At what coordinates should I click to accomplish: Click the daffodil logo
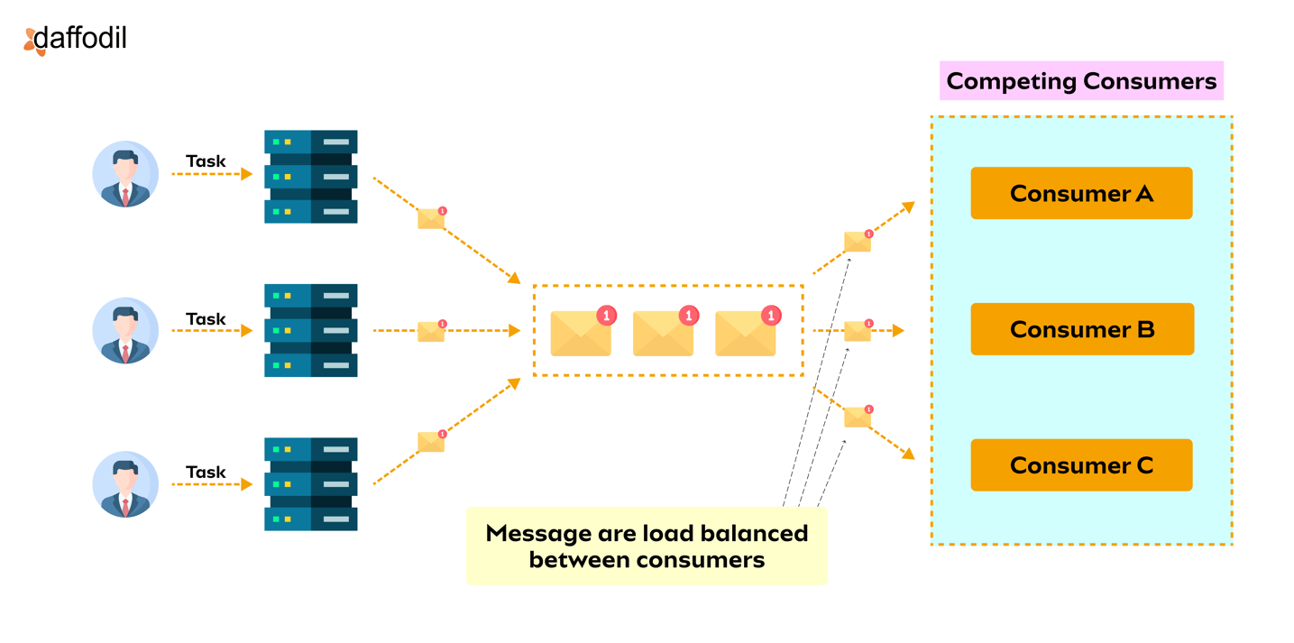(76, 39)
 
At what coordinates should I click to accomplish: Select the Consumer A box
(1081, 193)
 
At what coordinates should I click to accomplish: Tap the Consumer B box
(1081, 329)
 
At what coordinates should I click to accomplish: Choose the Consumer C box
(1081, 465)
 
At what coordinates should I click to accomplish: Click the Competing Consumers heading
(1081, 81)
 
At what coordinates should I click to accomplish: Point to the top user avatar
(125, 174)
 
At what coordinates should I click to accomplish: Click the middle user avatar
(125, 330)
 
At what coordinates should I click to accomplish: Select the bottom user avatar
(125, 484)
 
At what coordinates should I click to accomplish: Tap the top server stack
(311, 177)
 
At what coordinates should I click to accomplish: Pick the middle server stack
(311, 330)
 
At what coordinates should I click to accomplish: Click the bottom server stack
(311, 484)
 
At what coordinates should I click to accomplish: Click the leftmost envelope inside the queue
(582, 332)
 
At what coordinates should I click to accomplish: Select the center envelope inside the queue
(664, 332)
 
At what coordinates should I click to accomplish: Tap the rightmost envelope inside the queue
(746, 332)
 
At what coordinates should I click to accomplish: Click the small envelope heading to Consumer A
(858, 241)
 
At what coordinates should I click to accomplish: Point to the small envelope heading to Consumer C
(858, 417)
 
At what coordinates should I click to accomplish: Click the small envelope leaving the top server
(432, 217)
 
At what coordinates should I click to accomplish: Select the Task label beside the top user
(206, 161)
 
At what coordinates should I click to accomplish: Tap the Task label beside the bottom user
(206, 472)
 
